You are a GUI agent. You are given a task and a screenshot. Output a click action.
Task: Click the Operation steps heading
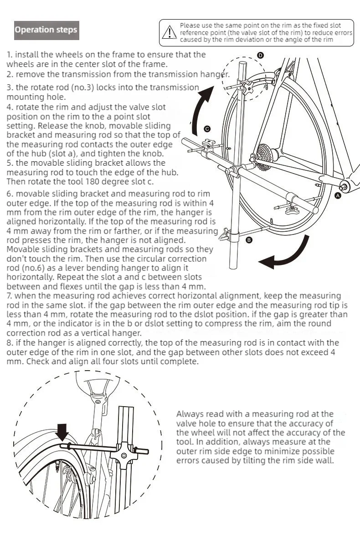tap(46, 30)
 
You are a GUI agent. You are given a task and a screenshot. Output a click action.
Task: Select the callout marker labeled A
tap(338, 195)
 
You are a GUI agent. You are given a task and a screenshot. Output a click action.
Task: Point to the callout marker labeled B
tap(249, 240)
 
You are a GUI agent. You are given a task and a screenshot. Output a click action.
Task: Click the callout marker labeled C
tap(207, 129)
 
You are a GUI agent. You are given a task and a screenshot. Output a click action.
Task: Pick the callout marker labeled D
tap(260, 55)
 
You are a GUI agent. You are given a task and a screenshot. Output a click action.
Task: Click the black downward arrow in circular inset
tap(62, 430)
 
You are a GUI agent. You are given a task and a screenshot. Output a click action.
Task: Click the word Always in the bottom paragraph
tap(190, 414)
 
